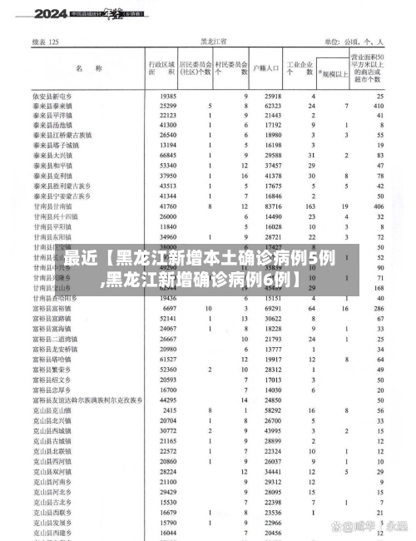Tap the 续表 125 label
(x=45, y=41)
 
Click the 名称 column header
(x=87, y=67)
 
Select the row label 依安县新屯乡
(x=59, y=97)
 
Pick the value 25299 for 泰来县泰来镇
(x=167, y=107)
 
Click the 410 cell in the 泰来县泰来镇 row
(x=379, y=107)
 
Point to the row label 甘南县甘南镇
(x=59, y=205)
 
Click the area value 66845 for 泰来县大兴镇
(x=167, y=156)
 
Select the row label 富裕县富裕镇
(x=59, y=308)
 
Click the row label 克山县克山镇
(x=59, y=409)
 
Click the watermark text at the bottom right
(x=366, y=528)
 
